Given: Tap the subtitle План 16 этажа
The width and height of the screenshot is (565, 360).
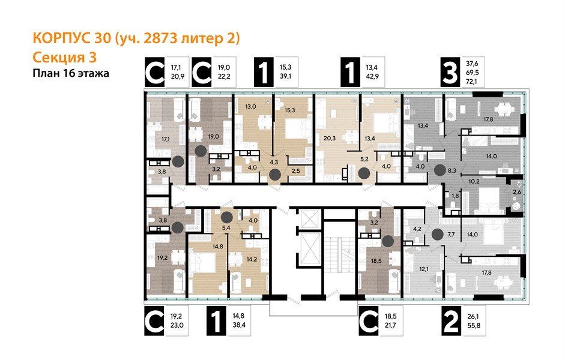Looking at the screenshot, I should [70, 73].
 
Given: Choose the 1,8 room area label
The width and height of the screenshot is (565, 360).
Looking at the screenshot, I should [455, 196].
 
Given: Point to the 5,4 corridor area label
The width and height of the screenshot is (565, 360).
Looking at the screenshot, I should [226, 228].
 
